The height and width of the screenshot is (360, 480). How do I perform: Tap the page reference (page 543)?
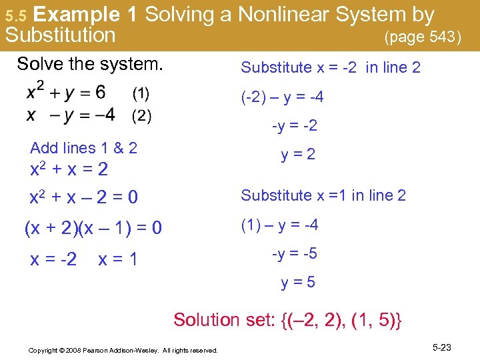[x=423, y=37]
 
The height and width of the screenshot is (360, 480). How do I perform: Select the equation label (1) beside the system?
[x=141, y=91]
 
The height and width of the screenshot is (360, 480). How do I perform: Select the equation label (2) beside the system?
[x=141, y=116]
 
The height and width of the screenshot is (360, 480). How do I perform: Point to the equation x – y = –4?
[x=70, y=115]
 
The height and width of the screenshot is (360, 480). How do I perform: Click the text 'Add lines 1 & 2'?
[x=83, y=148]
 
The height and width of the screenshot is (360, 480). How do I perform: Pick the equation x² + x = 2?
[x=69, y=169]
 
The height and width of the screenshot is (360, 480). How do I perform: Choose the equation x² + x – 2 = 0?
[x=84, y=197]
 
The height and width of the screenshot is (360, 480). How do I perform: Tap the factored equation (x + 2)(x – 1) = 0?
[x=93, y=229]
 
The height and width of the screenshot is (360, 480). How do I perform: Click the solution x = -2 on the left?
[x=53, y=259]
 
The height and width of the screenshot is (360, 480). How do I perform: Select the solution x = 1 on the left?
[x=117, y=259]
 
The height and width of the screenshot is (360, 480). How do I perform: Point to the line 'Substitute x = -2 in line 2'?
[x=331, y=67]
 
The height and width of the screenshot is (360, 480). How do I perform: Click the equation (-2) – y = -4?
[x=283, y=98]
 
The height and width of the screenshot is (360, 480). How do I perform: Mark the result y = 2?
[x=298, y=155]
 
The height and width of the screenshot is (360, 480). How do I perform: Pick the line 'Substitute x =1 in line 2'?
[x=323, y=195]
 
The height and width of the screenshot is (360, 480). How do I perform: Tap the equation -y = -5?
[x=294, y=254]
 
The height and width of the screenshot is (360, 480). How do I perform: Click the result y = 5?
[x=298, y=283]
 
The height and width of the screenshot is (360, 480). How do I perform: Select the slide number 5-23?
[x=442, y=347]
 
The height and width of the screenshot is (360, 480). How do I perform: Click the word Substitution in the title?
[x=60, y=35]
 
